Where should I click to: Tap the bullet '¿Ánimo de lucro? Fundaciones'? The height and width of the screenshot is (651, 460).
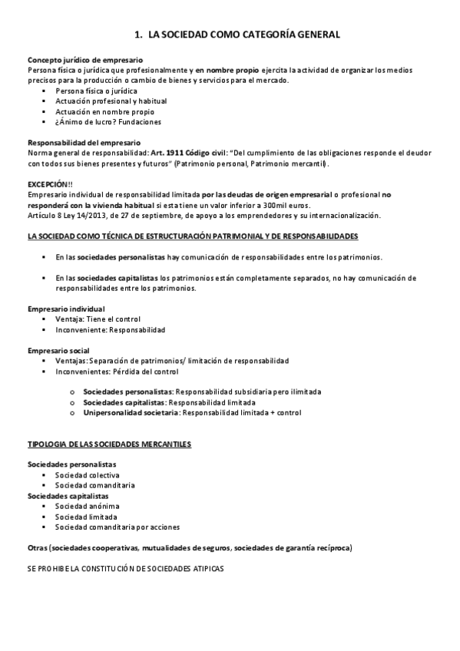(108, 122)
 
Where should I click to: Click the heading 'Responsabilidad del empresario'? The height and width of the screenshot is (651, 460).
(84, 143)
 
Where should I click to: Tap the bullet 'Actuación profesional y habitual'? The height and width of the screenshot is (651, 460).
(111, 101)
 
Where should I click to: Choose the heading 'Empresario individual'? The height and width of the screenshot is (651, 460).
(66, 309)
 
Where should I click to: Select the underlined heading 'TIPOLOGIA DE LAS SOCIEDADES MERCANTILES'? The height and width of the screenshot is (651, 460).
(110, 444)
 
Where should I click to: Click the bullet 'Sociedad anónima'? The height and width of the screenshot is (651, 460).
(87, 506)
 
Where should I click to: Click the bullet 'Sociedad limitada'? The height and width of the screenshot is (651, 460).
(86, 517)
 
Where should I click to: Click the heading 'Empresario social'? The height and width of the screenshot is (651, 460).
(58, 350)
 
